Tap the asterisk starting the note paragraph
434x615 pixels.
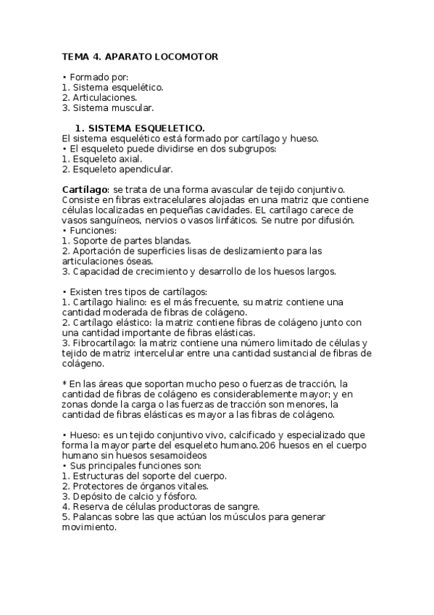[x=65, y=384]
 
